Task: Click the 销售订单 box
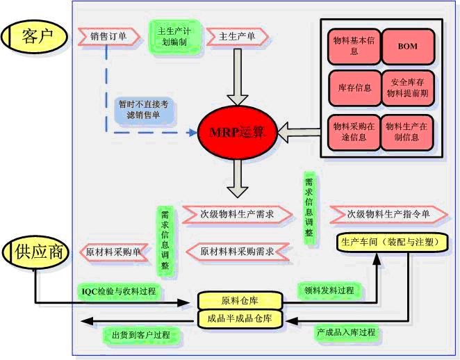coord(108,35)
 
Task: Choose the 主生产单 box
coord(237,36)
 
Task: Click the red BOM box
coord(408,47)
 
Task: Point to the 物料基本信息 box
coord(354,47)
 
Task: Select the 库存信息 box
coord(354,88)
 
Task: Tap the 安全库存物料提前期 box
coord(408,88)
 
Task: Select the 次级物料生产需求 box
coord(236,215)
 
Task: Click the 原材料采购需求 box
coord(236,251)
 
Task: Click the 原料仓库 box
coord(240,301)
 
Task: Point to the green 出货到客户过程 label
coord(141,335)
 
